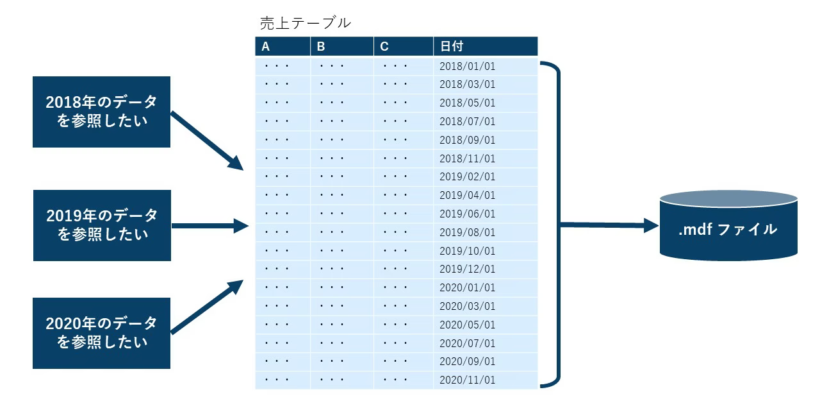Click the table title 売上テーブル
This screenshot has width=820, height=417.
pyautogui.click(x=305, y=22)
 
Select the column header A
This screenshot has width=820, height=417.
pyautogui.click(x=266, y=46)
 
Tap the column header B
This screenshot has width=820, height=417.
pyautogui.click(x=321, y=46)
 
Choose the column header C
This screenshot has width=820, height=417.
pyautogui.click(x=384, y=46)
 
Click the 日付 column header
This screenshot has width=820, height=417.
pyautogui.click(x=452, y=46)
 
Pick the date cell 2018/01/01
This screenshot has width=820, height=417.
pyautogui.click(x=467, y=65)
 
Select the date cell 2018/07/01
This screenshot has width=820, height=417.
pyautogui.click(x=467, y=121)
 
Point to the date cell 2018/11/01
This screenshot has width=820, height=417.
pyautogui.click(x=467, y=158)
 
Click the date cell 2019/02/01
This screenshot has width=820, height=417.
pyautogui.click(x=467, y=176)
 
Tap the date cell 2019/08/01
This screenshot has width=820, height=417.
pyautogui.click(x=467, y=232)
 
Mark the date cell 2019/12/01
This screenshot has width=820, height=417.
pyautogui.click(x=467, y=269)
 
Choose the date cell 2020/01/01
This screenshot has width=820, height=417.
pyautogui.click(x=467, y=288)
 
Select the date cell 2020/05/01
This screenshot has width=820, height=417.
pyautogui.click(x=467, y=325)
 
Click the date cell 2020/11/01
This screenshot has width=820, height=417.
pyautogui.click(x=467, y=380)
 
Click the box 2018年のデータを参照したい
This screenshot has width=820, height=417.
pyautogui.click(x=101, y=112)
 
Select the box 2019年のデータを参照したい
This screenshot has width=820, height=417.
pyautogui.click(x=102, y=225)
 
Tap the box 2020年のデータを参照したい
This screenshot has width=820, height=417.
pyautogui.click(x=101, y=333)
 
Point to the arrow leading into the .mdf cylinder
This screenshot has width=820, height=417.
pyautogui.click(x=609, y=225)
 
